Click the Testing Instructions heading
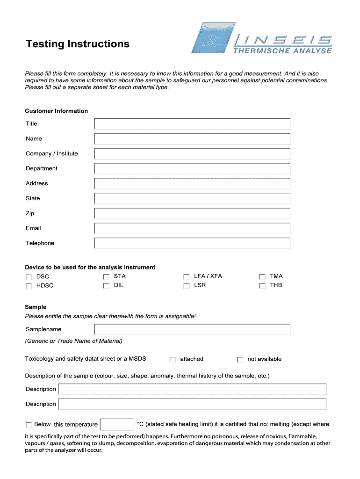pyautogui.click(x=78, y=44)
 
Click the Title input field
pyautogui.click(x=192, y=124)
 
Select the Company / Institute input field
pyautogui.click(x=192, y=154)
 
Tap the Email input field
pyautogui.click(x=192, y=228)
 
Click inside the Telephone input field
pyautogui.click(x=192, y=243)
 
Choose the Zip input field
pyautogui.click(x=192, y=213)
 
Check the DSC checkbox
pyautogui.click(x=29, y=277)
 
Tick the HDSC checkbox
pyautogui.click(x=29, y=286)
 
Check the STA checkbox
pyautogui.click(x=106, y=277)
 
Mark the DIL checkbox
pyautogui.click(x=106, y=285)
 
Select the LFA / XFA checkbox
pyautogui.click(x=187, y=277)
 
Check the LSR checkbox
pyautogui.click(x=187, y=285)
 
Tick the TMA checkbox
pyautogui.click(x=262, y=277)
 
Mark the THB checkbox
pyautogui.click(x=262, y=285)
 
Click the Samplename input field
pyautogui.click(x=192, y=329)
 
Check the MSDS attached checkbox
pyautogui.click(x=173, y=360)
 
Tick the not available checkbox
pyautogui.click(x=240, y=360)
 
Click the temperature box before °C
pyautogui.click(x=117, y=425)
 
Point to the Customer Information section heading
pyautogui.click(x=56, y=111)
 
